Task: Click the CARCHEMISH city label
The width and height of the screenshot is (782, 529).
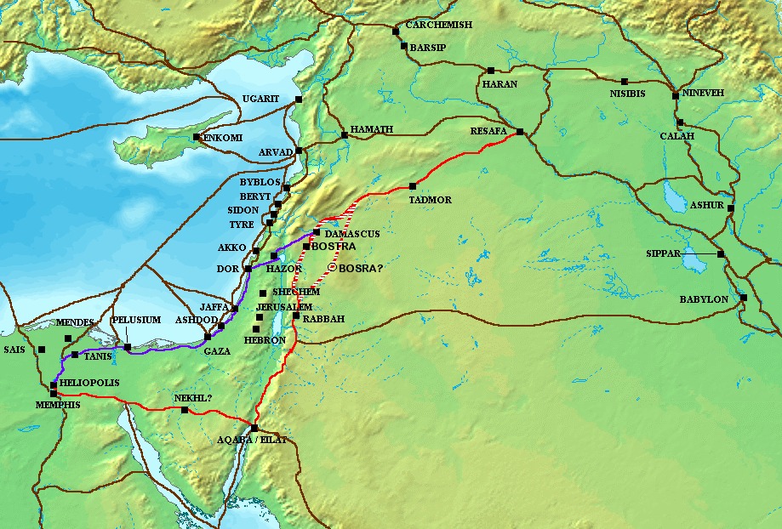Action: [x=438, y=25]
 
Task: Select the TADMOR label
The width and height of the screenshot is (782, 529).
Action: [x=430, y=200]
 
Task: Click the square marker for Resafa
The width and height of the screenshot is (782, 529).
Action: [x=519, y=131]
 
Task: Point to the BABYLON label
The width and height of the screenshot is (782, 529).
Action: [x=704, y=299]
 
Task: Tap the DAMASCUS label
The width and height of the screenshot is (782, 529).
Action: [x=351, y=232]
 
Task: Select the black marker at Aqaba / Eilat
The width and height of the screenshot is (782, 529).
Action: [x=254, y=427]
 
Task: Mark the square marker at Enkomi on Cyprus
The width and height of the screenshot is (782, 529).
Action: [x=197, y=137]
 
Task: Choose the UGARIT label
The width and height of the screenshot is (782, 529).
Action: [x=260, y=100]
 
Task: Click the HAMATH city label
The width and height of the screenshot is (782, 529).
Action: [x=371, y=128]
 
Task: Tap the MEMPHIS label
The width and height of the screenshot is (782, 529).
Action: [x=58, y=405]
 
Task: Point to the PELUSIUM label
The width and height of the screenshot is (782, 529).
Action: [x=137, y=320]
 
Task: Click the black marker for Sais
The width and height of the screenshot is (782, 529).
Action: [x=42, y=349]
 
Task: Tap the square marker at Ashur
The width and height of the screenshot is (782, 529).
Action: [x=730, y=208]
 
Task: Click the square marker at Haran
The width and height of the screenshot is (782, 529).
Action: [x=491, y=71]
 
